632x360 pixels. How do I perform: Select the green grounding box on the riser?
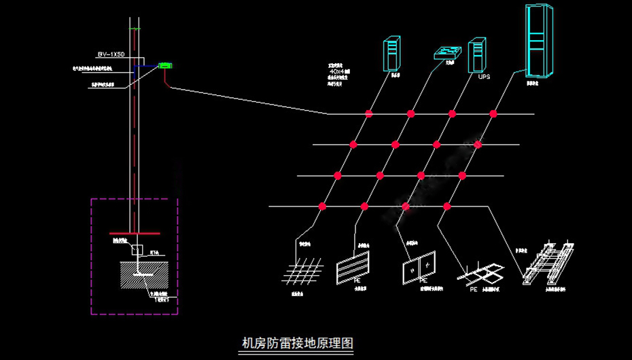click(x=165, y=66)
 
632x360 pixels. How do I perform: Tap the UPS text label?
click(x=483, y=77)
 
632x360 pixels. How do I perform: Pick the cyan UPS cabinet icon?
click(x=477, y=55)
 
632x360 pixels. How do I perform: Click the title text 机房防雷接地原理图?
click(x=298, y=343)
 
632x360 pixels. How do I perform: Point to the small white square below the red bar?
click(x=137, y=250)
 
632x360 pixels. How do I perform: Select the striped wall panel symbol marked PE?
click(x=353, y=266)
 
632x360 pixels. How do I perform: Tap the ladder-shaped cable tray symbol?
click(x=548, y=263)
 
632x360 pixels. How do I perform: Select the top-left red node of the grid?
click(x=369, y=113)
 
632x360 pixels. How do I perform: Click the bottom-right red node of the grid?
click(x=447, y=206)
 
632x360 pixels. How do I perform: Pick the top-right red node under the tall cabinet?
click(x=494, y=113)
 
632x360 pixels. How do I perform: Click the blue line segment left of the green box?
click(x=145, y=66)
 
